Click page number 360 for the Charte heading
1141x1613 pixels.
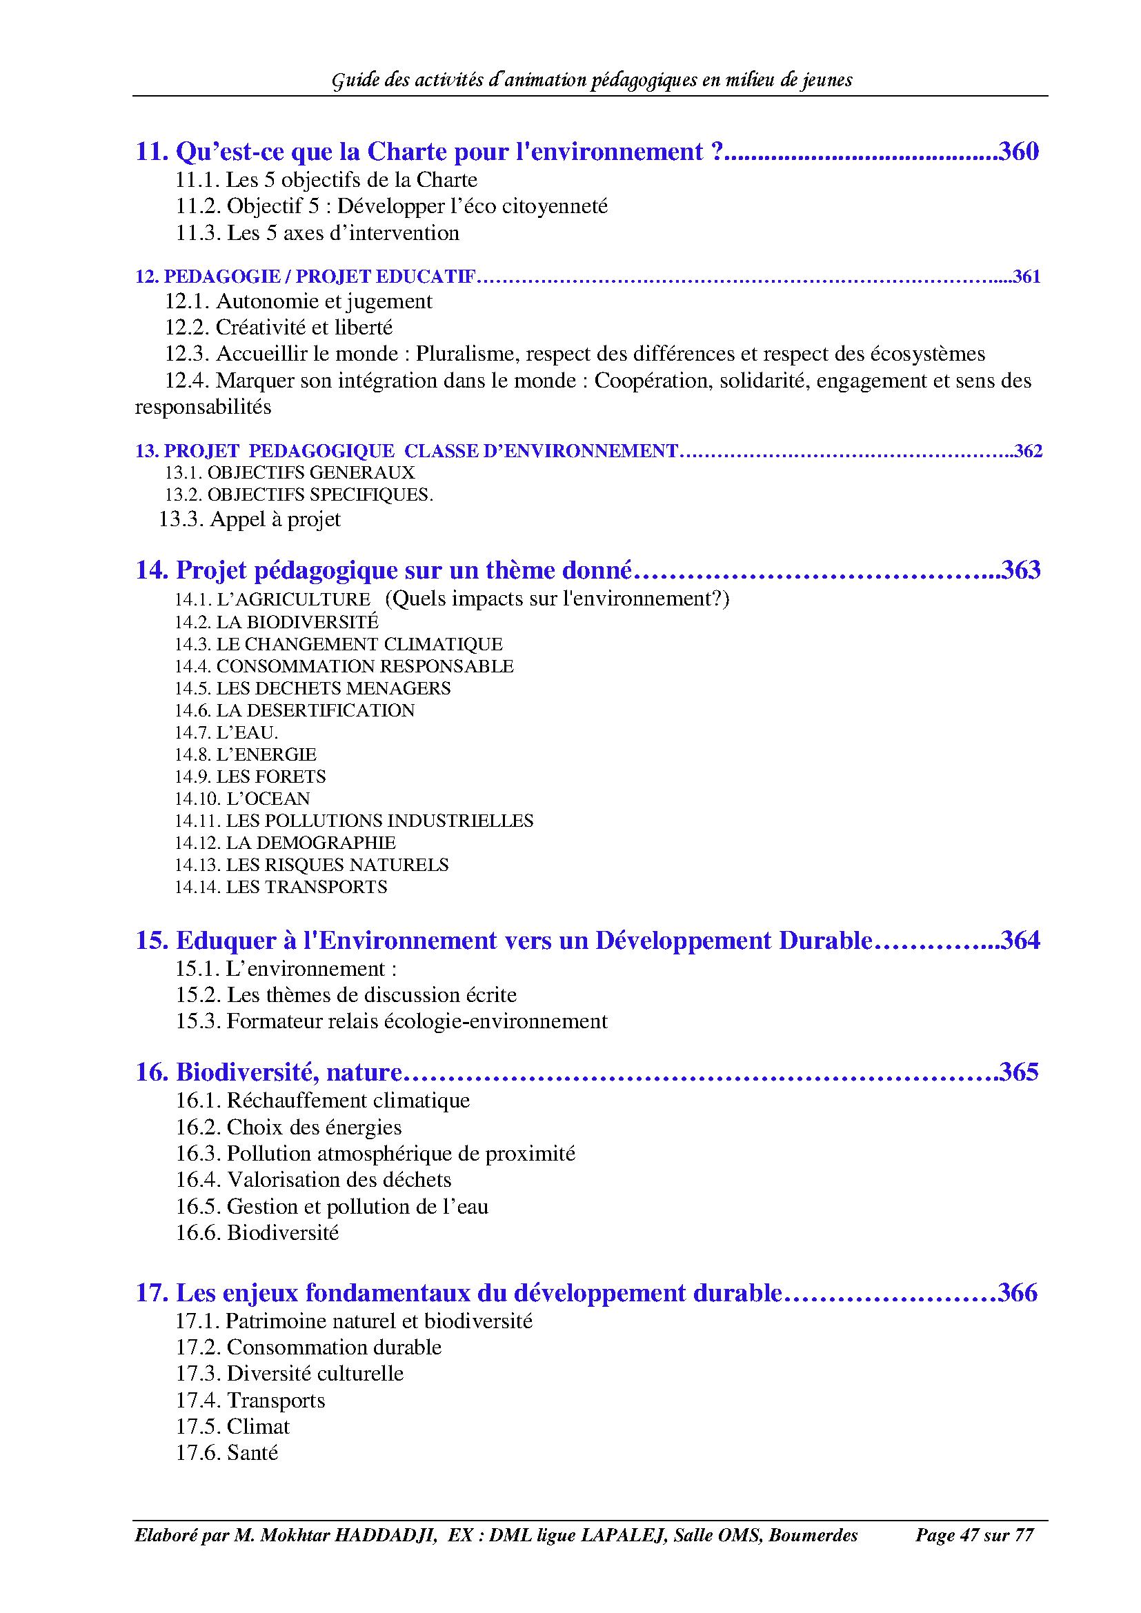click(1018, 152)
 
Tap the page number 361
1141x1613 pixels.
click(1026, 277)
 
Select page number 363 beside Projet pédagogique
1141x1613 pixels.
click(1020, 569)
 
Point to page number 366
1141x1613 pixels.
click(1018, 1292)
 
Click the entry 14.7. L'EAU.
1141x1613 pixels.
click(226, 733)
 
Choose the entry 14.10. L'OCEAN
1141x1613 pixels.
click(242, 799)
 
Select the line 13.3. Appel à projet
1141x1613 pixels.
click(250, 519)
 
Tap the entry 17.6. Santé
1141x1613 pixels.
click(227, 1452)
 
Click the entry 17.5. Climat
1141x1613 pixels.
click(232, 1426)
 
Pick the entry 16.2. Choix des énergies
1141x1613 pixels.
click(289, 1128)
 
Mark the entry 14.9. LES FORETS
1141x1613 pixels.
click(250, 777)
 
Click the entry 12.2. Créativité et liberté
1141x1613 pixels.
click(279, 328)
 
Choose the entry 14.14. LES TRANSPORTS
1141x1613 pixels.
click(281, 888)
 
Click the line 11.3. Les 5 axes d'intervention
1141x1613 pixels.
click(317, 233)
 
